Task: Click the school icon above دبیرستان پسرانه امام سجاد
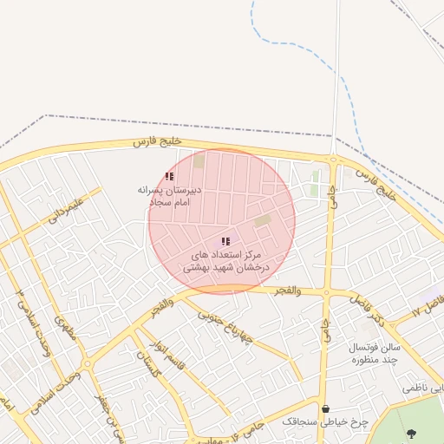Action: (169, 176)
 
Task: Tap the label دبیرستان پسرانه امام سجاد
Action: (169, 194)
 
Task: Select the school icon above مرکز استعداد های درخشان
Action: (225, 241)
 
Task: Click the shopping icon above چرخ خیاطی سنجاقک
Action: (325, 408)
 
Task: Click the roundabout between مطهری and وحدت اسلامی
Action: (86, 363)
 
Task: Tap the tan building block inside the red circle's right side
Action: (263, 220)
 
